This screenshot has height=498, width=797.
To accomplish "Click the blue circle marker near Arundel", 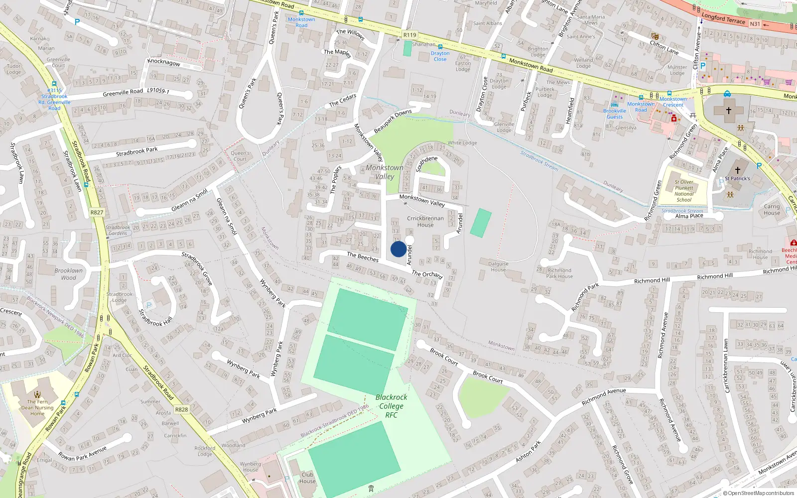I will (x=398, y=249).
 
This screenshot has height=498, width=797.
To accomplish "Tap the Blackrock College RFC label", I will (x=391, y=406).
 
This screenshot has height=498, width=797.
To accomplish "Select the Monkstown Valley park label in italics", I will (x=385, y=172).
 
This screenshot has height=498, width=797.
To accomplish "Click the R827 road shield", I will (x=97, y=212).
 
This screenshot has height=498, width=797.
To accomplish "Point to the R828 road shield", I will (x=181, y=409).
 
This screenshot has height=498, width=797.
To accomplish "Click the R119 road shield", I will (x=409, y=35).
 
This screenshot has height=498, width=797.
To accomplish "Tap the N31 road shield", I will (x=755, y=24).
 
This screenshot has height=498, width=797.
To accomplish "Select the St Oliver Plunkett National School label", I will (x=684, y=191).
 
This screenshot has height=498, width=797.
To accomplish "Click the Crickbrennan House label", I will (x=425, y=222).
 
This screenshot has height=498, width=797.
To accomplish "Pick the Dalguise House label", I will (x=498, y=267).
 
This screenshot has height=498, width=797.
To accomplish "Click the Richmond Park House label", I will (x=559, y=273).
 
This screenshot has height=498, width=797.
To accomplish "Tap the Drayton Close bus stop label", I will (x=440, y=56).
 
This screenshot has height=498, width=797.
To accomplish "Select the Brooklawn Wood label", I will (x=69, y=274).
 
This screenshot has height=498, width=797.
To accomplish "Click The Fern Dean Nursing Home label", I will (x=37, y=407).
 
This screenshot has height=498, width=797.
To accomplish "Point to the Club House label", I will (x=307, y=478).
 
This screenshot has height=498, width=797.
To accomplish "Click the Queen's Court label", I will (x=240, y=156).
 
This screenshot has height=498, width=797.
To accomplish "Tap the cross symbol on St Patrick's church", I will (x=738, y=170).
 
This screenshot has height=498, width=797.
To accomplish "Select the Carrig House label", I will (x=772, y=210).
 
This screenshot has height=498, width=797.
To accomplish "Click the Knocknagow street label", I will (x=164, y=63).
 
